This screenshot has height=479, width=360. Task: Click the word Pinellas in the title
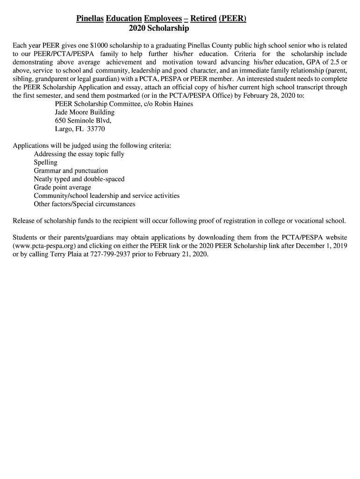point(90,19)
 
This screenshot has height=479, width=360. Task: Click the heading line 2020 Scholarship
point(158,29)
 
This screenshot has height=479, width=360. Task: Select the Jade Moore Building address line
point(85,112)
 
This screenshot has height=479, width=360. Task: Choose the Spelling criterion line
point(45,162)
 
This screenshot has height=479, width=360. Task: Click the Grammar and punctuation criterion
point(71,171)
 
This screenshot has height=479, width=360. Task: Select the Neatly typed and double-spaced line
point(79,179)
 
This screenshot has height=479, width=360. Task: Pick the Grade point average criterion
point(62,188)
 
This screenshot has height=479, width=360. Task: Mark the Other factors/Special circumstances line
point(84,204)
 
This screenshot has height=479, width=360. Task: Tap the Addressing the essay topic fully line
point(79,154)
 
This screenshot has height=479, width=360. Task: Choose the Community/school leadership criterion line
point(107,196)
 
